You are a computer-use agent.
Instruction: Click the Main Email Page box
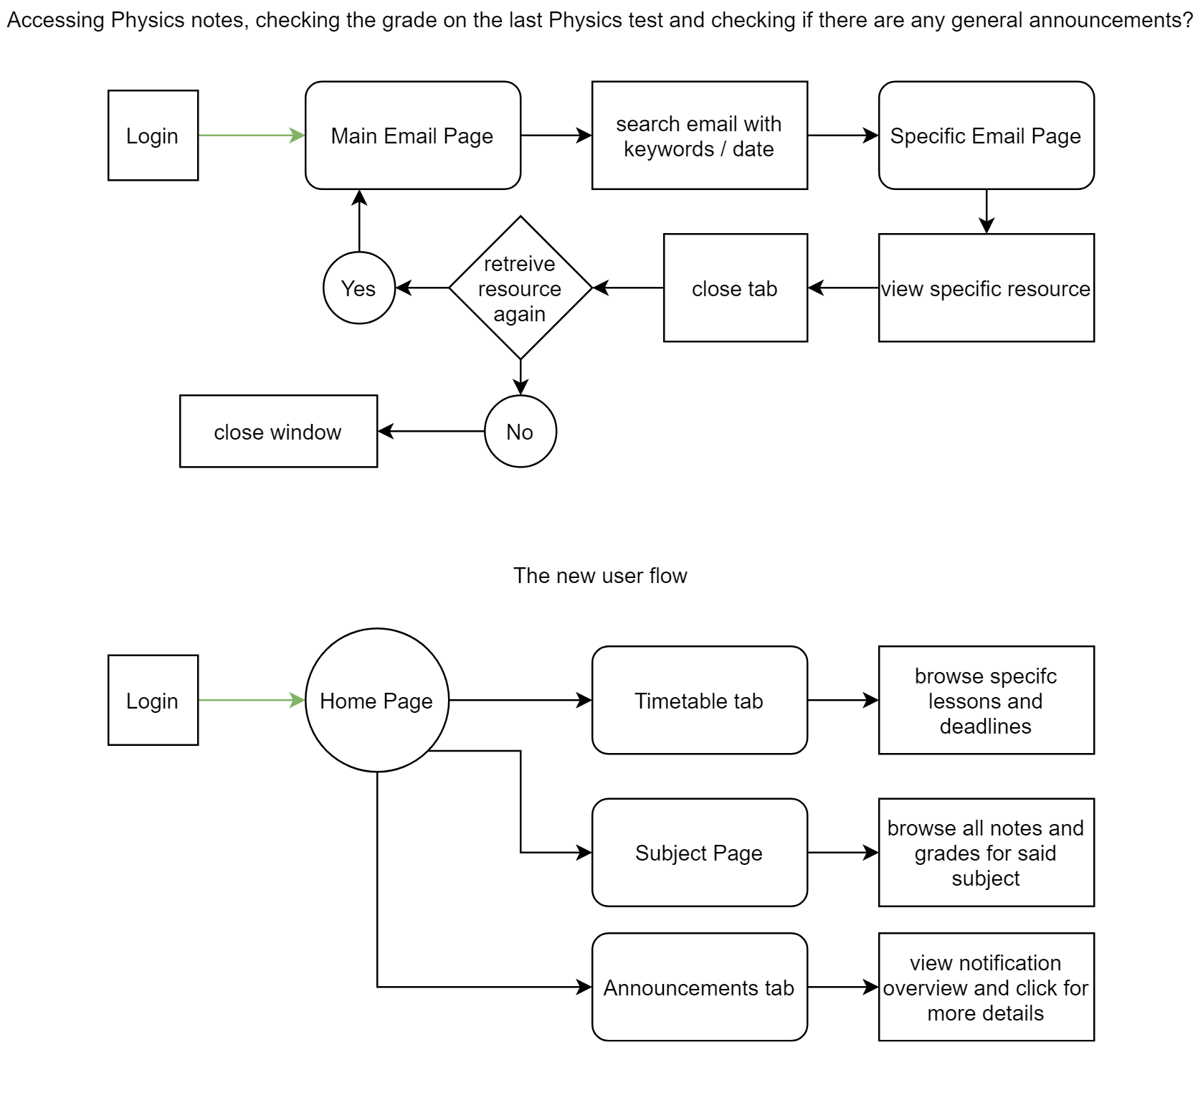point(413,136)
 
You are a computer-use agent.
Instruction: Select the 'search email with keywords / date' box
point(700,136)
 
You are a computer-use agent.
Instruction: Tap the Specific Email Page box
point(986,136)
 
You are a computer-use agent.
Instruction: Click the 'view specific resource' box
point(986,288)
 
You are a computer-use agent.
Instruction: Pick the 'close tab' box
point(736,288)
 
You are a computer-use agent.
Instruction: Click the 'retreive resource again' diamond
point(520,288)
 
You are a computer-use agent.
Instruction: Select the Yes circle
point(359,288)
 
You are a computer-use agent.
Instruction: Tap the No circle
point(520,431)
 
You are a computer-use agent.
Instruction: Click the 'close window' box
point(278,431)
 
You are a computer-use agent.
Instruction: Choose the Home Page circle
point(377,700)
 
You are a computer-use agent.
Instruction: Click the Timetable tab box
point(700,700)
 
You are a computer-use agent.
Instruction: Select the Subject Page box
point(700,853)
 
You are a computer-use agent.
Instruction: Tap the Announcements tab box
point(700,987)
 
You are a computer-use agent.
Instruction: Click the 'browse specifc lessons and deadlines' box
point(986,700)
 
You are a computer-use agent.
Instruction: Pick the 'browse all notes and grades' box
point(986,853)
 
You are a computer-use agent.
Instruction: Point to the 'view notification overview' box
point(986,987)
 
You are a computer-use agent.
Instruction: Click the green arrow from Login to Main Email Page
point(252,135)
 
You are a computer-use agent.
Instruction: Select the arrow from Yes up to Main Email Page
point(359,221)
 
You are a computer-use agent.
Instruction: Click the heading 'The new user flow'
point(600,575)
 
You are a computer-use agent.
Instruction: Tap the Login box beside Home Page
point(153,700)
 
